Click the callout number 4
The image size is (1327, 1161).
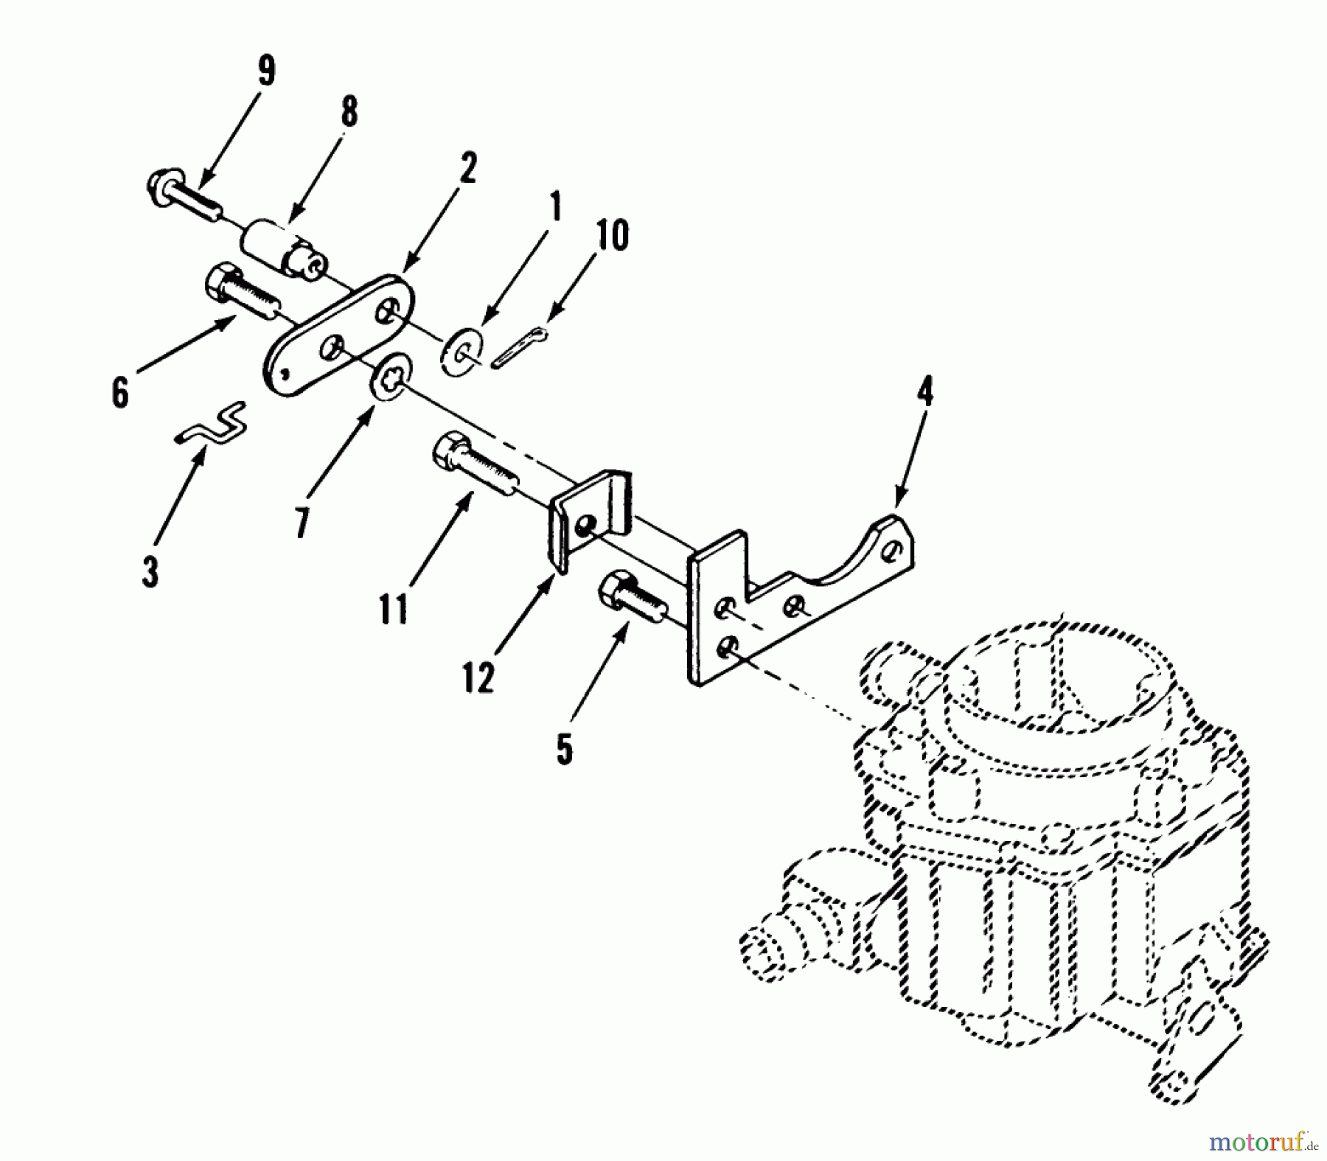coord(924,391)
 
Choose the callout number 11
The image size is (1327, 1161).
coord(393,609)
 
